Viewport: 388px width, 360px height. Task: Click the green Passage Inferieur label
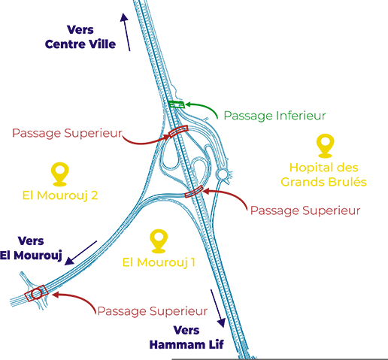pyautogui.click(x=274, y=116)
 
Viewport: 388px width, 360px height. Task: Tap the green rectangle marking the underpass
pyautogui.click(x=177, y=104)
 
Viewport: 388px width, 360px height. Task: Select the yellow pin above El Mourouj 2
pyautogui.click(x=59, y=174)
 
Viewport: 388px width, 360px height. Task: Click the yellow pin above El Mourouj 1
pyautogui.click(x=159, y=241)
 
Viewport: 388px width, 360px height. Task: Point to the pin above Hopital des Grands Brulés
pyautogui.click(x=325, y=146)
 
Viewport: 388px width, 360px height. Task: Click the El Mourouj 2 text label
pyautogui.click(x=60, y=195)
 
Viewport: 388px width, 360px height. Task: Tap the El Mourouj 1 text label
pyautogui.click(x=159, y=262)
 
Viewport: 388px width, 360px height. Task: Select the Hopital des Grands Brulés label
pyautogui.click(x=323, y=175)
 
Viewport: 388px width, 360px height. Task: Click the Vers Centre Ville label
pyautogui.click(x=80, y=37)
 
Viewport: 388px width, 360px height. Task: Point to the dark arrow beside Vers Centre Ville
pyautogui.click(x=126, y=32)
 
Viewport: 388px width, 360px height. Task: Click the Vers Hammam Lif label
pyautogui.click(x=186, y=337)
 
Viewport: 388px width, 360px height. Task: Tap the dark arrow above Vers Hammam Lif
pyautogui.click(x=217, y=308)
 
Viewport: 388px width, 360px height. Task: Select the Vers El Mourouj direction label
pyautogui.click(x=31, y=248)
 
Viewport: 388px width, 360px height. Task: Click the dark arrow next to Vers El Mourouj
pyautogui.click(x=80, y=253)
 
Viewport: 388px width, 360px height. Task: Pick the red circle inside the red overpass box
pyautogui.click(x=37, y=294)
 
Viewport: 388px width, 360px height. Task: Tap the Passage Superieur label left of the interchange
pyautogui.click(x=67, y=133)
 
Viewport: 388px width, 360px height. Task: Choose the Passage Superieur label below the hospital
pyautogui.click(x=305, y=210)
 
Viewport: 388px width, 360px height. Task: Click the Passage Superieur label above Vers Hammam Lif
pyautogui.click(x=153, y=311)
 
